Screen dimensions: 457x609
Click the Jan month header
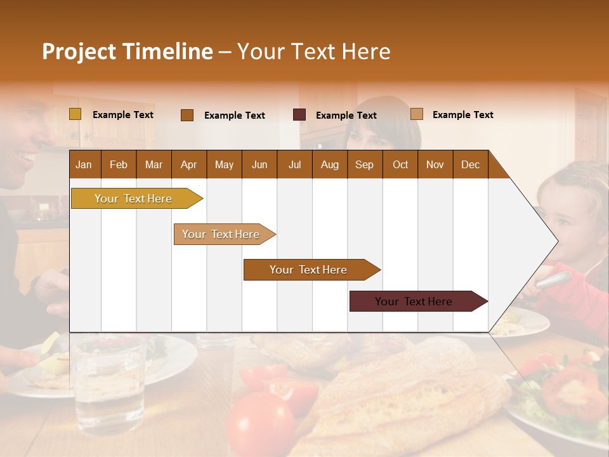tap(84, 164)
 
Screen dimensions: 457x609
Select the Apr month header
tap(188, 164)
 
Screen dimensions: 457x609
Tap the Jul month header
tap(294, 164)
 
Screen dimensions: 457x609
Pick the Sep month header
tap(364, 164)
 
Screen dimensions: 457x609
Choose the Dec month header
tap(470, 164)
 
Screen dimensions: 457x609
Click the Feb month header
tap(119, 164)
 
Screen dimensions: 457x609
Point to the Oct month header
tap(400, 164)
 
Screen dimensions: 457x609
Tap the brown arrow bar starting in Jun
tap(309, 270)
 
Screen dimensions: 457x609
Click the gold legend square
tap(75, 114)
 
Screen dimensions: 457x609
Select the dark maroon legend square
tap(299, 115)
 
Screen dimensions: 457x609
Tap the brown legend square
tap(187, 115)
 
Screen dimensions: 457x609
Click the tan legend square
tap(417, 114)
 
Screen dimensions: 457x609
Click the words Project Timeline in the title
tap(128, 51)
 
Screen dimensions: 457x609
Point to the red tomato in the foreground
tap(260, 422)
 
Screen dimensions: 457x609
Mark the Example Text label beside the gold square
tap(123, 115)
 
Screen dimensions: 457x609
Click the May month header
tap(224, 164)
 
